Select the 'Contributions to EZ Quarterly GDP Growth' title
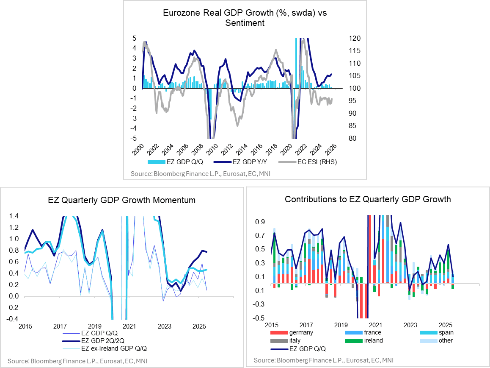(368, 199)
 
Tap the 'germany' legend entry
(300, 332)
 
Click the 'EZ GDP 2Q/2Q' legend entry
(104, 340)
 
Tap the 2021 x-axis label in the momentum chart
(129, 327)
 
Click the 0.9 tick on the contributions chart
(260, 221)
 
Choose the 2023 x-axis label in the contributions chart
(410, 325)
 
